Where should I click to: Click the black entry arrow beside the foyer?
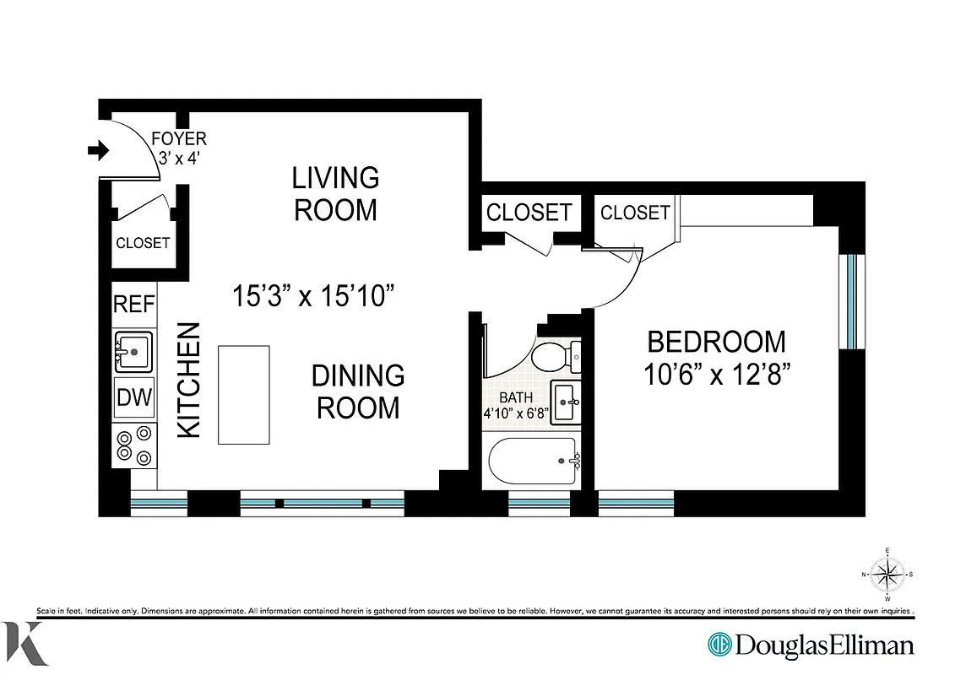99,151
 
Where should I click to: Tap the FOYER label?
178,138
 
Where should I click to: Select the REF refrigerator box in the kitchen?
134,304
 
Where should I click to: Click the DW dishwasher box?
134,397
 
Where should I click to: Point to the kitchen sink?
133,352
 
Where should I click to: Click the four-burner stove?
134,445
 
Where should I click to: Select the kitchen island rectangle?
244,394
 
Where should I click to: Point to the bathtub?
533,461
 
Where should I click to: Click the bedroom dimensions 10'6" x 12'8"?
716,374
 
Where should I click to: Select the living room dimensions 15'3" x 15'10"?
314,296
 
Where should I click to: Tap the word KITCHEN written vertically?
189,380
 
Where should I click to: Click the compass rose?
887,575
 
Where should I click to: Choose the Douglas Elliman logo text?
823,645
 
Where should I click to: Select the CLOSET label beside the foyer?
143,243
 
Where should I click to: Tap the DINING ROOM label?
357,391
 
